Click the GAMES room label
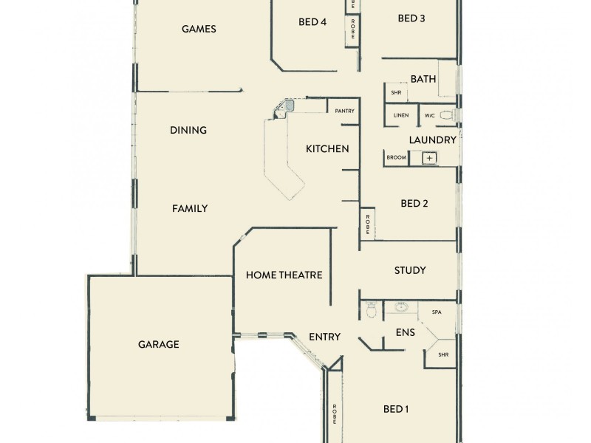point(199,30)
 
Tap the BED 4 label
point(312,22)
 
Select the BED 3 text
point(411,18)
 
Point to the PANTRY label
point(344,111)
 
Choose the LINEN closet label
point(401,115)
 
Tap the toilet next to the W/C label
point(445,115)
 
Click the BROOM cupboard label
point(396,158)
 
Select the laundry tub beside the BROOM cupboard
point(429,158)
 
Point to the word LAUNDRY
point(432,139)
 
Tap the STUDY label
point(410,270)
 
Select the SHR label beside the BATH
point(395,93)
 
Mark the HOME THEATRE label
point(284,275)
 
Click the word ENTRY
point(324,337)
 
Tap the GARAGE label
point(159,344)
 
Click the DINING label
point(188,130)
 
